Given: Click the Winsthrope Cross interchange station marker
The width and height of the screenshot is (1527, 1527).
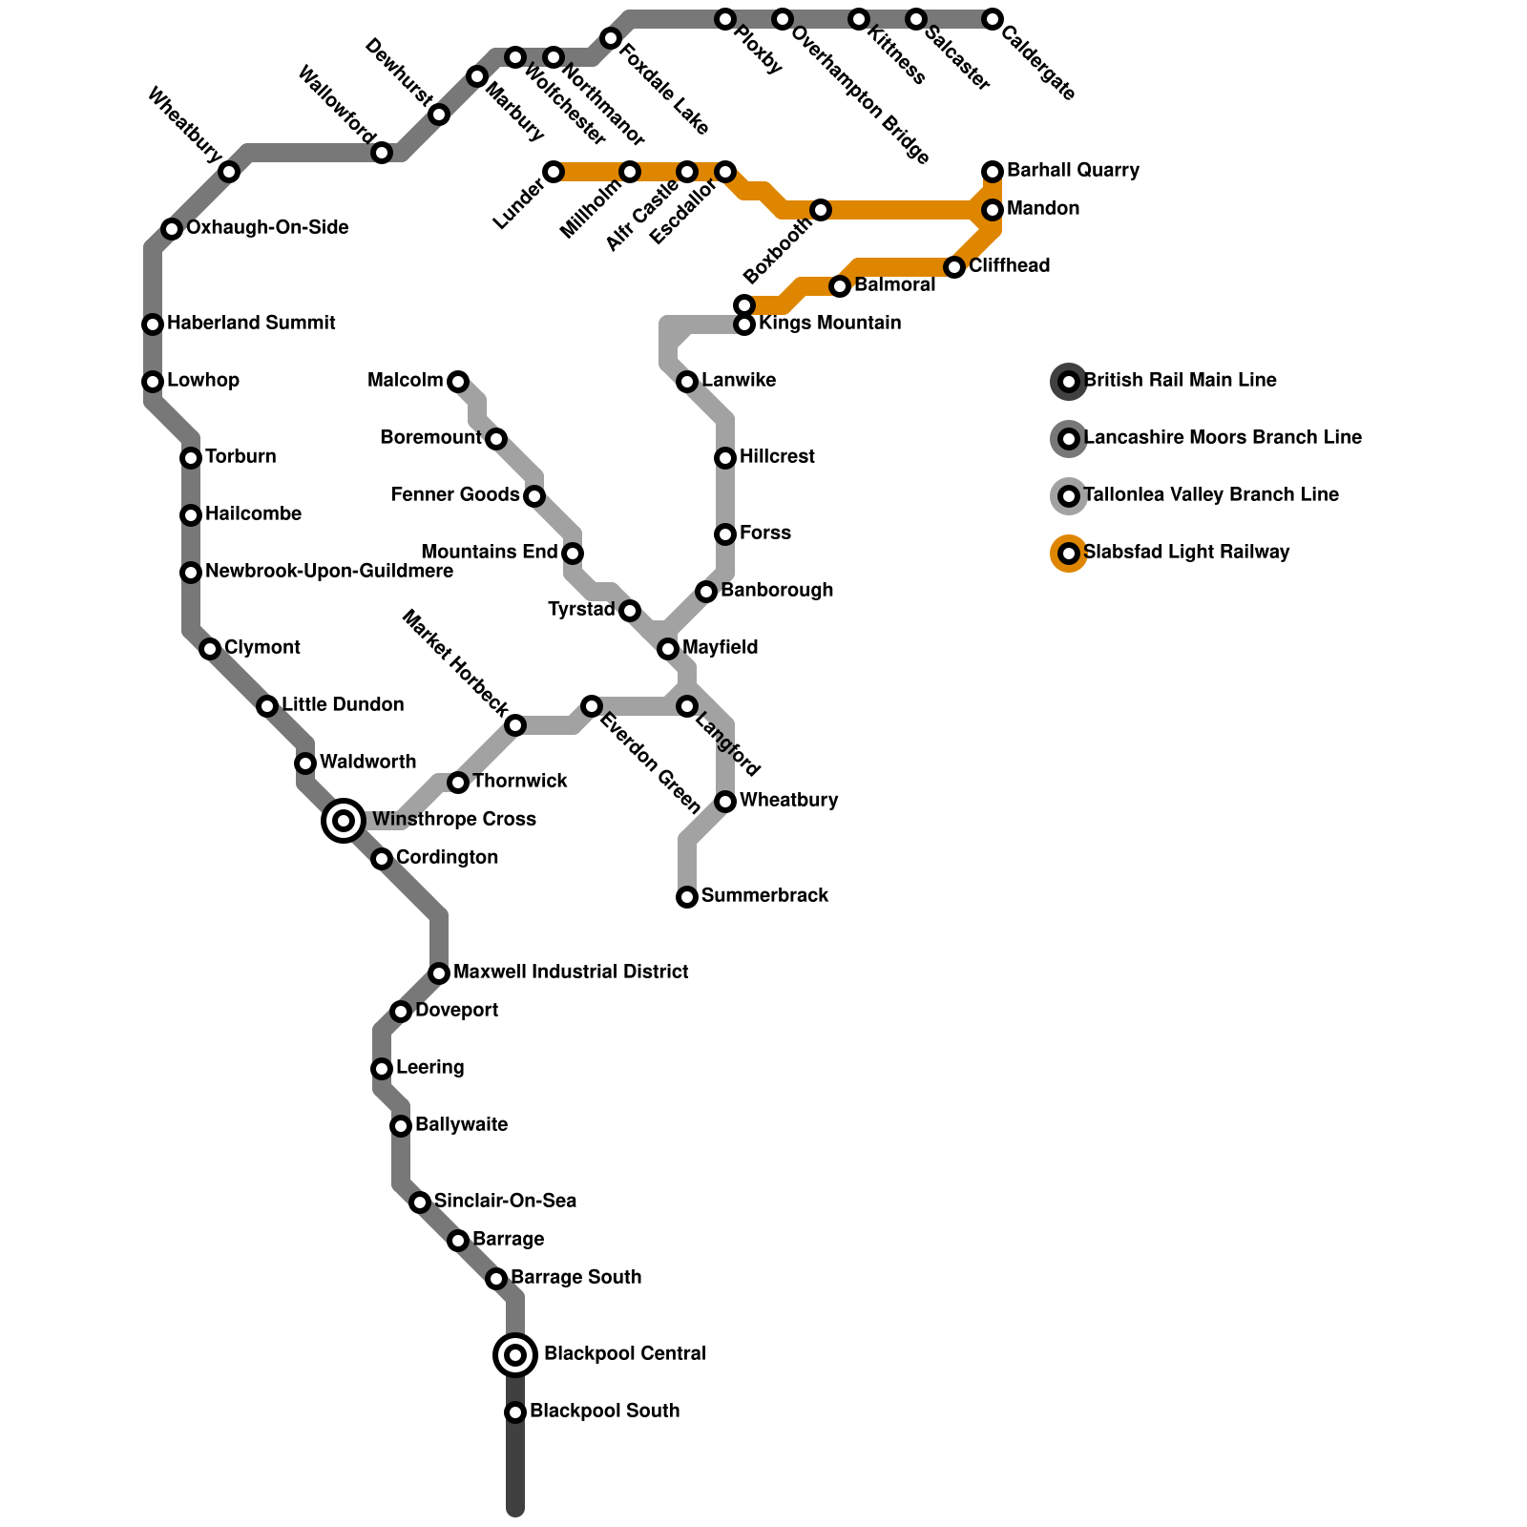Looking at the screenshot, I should click(344, 820).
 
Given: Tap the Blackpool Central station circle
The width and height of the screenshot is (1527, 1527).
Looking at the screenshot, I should click(515, 1354).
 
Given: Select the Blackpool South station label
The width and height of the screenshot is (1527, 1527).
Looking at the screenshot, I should click(604, 1411).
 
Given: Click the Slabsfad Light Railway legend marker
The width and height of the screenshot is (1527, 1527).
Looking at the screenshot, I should click(1069, 554).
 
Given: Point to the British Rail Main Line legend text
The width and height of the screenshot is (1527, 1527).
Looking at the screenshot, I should click(1181, 380).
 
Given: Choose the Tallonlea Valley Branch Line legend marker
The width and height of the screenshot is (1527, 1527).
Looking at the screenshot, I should click(1069, 496).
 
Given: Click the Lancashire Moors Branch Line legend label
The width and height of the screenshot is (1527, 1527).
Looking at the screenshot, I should click(1223, 437).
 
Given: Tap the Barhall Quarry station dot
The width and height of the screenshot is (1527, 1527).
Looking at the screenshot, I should click(993, 172).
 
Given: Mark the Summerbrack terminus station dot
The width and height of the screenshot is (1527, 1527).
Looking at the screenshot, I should click(687, 897).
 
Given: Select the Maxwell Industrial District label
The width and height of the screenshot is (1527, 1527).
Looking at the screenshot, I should click(571, 972).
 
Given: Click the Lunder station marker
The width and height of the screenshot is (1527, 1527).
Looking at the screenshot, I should click(554, 172).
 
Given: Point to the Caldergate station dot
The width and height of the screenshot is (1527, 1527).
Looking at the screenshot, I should click(993, 19).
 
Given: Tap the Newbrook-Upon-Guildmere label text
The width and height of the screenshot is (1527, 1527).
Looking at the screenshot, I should click(328, 571).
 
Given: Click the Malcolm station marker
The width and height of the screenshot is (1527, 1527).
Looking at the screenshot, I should click(458, 382).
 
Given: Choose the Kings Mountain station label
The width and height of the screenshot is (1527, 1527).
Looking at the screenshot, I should click(829, 323).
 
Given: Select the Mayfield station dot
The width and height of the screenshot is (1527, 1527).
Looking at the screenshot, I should click(668, 649).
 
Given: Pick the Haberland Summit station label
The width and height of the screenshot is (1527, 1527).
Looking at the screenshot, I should click(251, 323).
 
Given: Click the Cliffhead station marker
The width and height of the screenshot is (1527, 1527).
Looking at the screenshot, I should click(954, 267).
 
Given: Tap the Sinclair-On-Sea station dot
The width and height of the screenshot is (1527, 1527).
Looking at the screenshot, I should click(420, 1203).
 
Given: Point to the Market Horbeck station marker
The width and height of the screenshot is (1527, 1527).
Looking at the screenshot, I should click(515, 725).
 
